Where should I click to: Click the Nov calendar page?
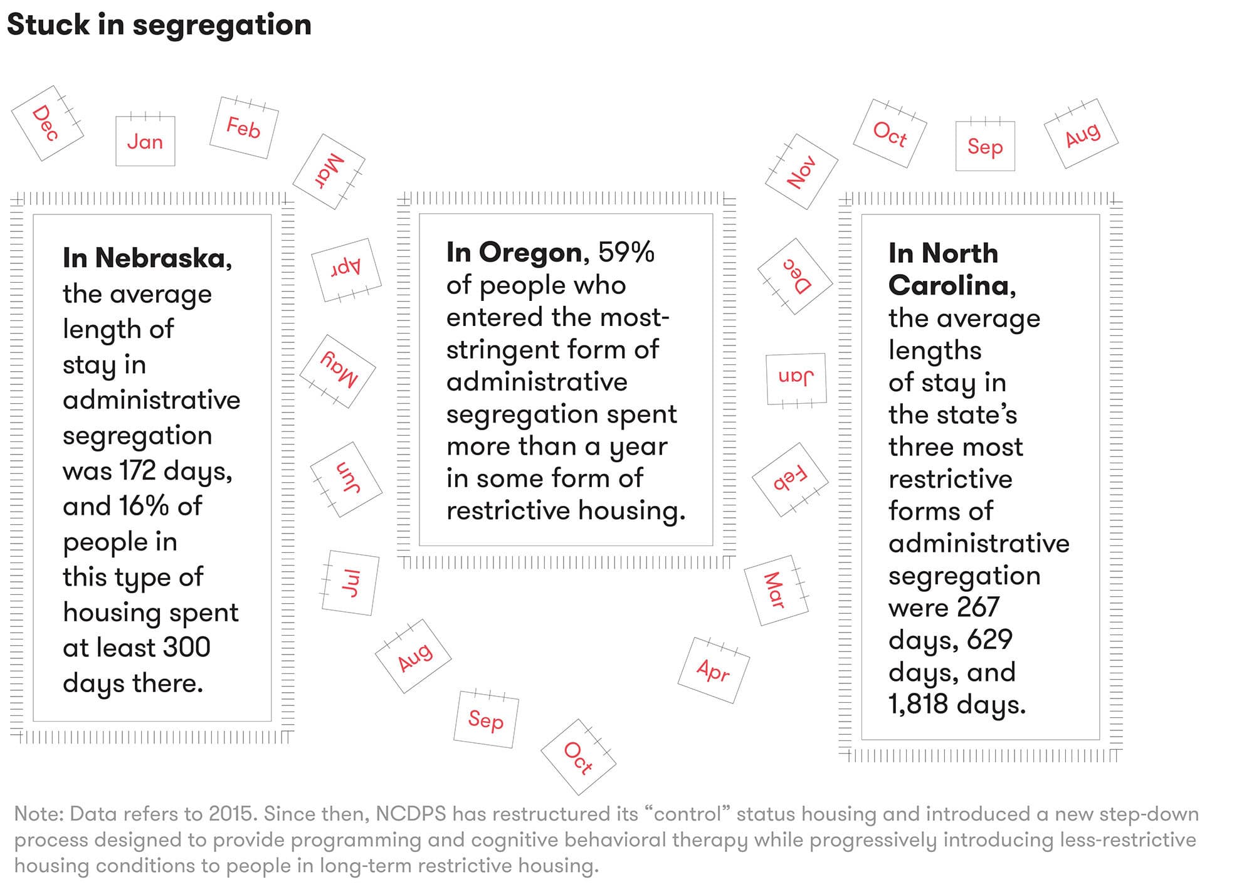tap(801, 172)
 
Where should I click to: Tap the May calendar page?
tap(339, 371)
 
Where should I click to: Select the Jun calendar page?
tap(346, 479)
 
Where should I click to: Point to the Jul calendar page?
tap(350, 583)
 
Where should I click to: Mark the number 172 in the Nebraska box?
tap(137, 470)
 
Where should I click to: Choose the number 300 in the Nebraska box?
tap(186, 647)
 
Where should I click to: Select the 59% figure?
tap(626, 253)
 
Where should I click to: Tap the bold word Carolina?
tap(948, 286)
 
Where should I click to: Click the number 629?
tap(989, 639)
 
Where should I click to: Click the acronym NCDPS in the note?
tap(411, 814)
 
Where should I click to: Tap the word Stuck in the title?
tap(48, 25)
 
